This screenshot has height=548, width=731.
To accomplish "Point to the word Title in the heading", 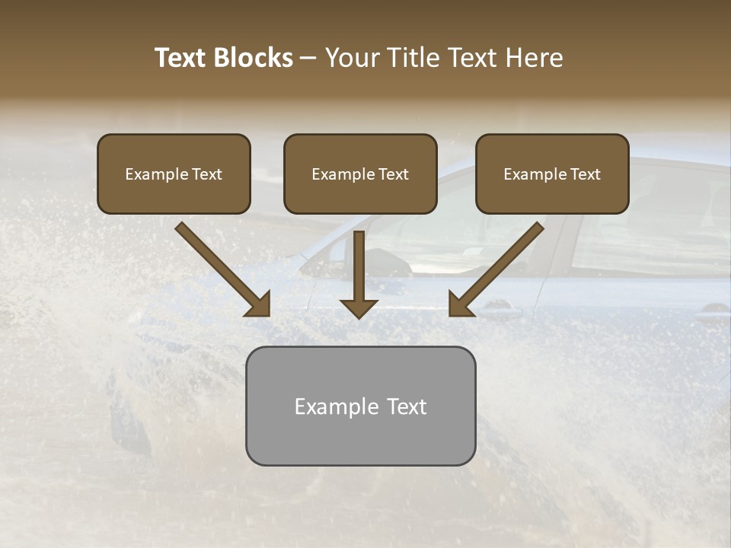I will (x=414, y=58).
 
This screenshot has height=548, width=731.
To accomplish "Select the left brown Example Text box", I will (x=174, y=174).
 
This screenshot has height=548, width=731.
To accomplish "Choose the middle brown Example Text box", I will (x=360, y=174).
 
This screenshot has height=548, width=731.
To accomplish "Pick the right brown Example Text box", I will (x=552, y=174).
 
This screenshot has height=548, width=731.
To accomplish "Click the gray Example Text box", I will (x=360, y=406).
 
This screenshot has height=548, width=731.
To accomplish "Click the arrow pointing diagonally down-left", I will (x=499, y=266).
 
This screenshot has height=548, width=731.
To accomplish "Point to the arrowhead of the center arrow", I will (x=359, y=307).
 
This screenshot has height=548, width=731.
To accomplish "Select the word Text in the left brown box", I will (x=207, y=174).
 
